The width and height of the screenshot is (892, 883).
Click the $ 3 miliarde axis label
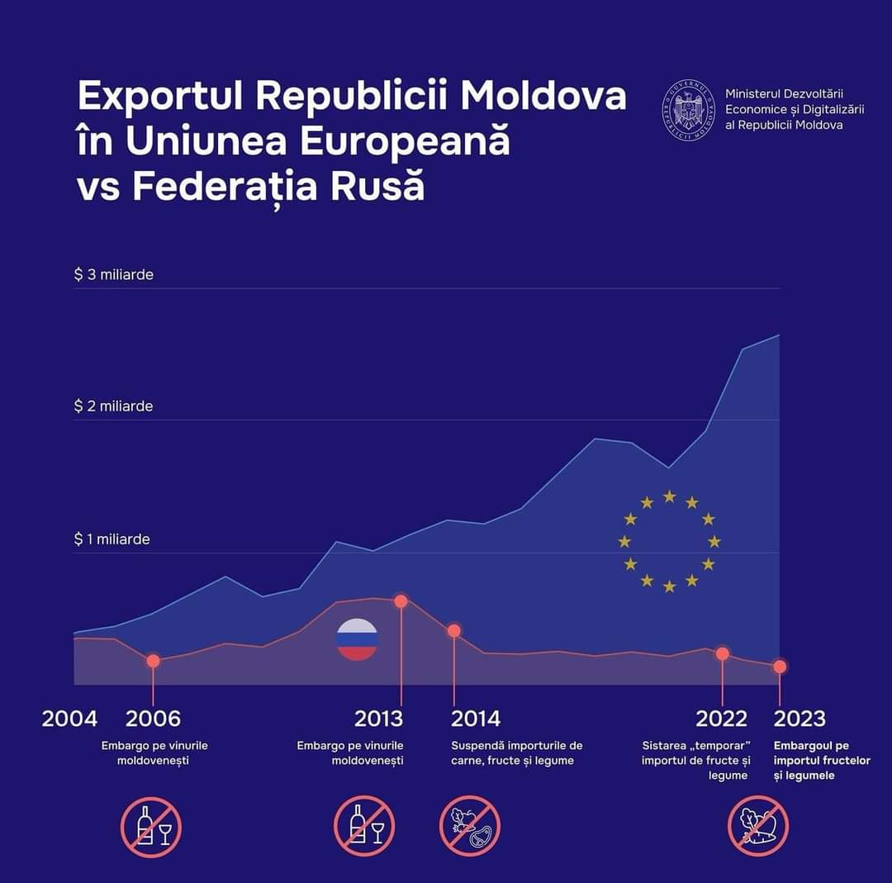[x=114, y=274]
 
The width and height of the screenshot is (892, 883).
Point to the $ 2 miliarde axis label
[x=114, y=406]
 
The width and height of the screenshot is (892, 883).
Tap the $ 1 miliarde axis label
[x=112, y=539]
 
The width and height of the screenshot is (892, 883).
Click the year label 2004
[x=69, y=719]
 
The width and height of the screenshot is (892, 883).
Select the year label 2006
[x=153, y=719]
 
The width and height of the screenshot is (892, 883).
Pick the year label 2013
[x=379, y=719]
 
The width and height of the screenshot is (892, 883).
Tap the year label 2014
[x=476, y=719]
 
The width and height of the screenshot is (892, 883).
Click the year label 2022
[x=721, y=719]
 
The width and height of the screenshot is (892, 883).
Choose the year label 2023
[x=799, y=719]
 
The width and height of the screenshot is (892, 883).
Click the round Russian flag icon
[x=358, y=639]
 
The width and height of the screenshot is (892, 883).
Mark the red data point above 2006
[x=153, y=661]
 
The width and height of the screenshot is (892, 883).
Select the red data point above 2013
[x=401, y=601]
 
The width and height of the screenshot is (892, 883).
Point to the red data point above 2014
[x=453, y=631]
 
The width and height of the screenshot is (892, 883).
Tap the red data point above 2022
[x=723, y=653]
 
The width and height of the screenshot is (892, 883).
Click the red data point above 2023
[x=780, y=667]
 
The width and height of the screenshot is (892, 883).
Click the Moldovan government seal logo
[x=688, y=109]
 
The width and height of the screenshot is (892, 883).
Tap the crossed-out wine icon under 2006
[x=151, y=827]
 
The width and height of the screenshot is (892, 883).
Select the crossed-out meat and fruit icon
[x=470, y=827]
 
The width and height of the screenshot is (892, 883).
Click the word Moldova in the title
[x=543, y=97]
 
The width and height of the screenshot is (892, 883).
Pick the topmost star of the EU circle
[x=670, y=496]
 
